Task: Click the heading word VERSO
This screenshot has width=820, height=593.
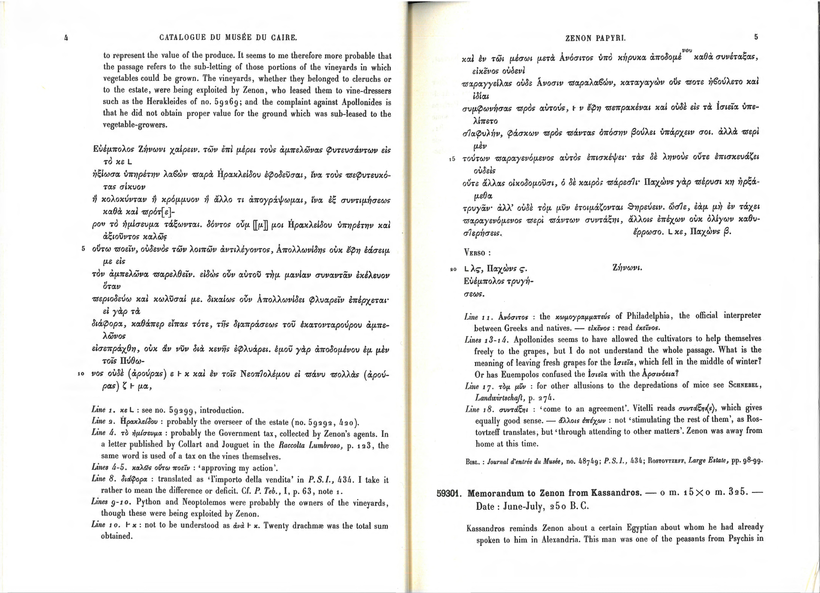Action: [477, 252]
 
